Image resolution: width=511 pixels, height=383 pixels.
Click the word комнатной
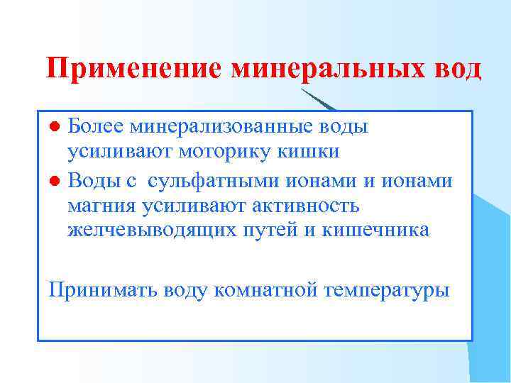[x=268, y=289]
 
